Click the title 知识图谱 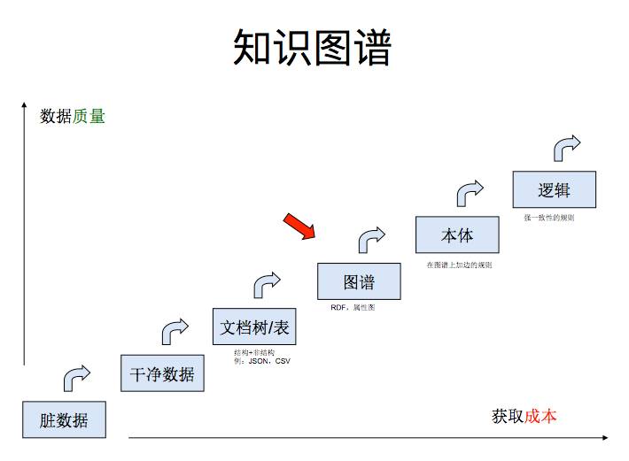[312, 48]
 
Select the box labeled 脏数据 [64, 419]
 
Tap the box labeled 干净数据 [162, 373]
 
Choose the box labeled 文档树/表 [254, 327]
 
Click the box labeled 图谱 [359, 281]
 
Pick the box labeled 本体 [457, 235]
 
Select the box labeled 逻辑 [554, 190]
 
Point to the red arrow [299, 227]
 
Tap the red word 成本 [540, 416]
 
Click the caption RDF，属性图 [353, 308]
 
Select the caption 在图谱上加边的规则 [459, 265]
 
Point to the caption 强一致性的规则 [548, 218]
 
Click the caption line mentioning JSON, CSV [262, 361]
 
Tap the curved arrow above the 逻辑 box [566, 147]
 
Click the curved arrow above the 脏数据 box [76, 378]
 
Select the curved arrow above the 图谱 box [371, 239]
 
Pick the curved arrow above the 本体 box [470, 193]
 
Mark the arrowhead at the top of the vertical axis [24, 108]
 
